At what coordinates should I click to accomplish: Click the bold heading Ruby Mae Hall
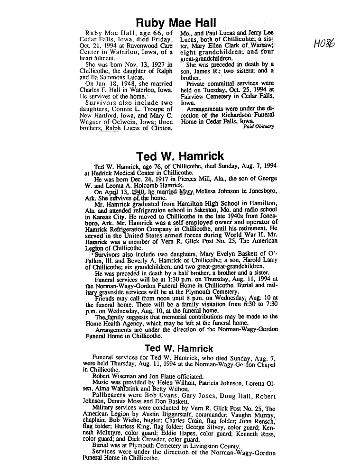[176, 22]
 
